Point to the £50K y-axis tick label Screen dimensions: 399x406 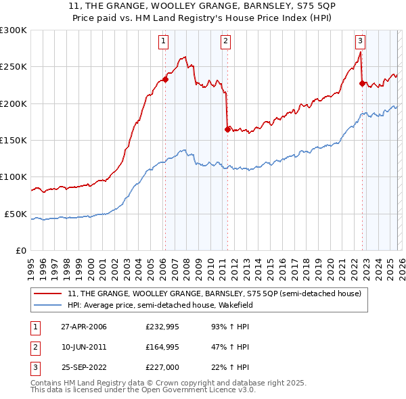[16, 214]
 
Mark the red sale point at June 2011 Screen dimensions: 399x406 [227, 129]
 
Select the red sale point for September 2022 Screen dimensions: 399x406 [362, 84]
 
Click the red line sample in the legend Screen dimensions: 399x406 [49, 294]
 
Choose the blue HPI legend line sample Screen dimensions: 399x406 [49, 305]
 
